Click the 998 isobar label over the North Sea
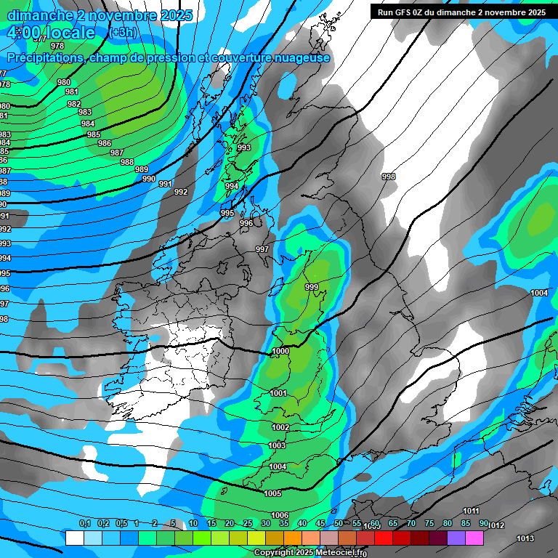389,177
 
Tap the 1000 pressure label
280,351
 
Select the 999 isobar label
312,288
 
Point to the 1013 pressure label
525,538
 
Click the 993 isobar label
244,147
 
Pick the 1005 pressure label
272,493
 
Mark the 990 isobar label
149,179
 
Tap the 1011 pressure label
471,511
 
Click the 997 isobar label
262,249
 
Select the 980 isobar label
64,83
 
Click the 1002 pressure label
280,427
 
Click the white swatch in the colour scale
75,538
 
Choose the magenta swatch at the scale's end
474,538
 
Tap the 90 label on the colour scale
483,523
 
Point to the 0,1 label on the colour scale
85,523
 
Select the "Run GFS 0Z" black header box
461,12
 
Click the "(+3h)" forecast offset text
123,33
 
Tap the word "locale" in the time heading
68,33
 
